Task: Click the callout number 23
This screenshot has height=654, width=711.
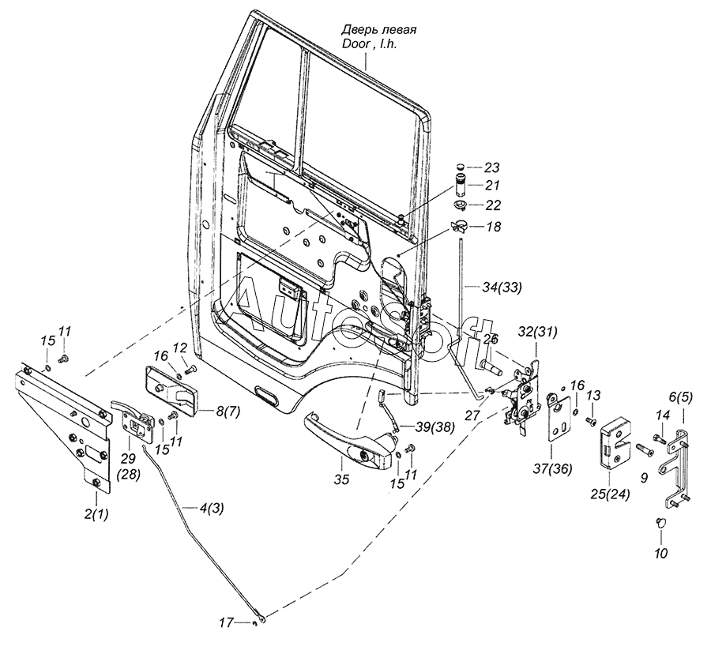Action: click(491, 167)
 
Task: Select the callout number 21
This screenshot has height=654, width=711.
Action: click(491, 186)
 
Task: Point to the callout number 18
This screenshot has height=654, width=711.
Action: click(494, 226)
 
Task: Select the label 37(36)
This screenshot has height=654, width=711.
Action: click(551, 468)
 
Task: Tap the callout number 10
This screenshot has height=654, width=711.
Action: click(661, 553)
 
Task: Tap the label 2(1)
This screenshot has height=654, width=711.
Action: click(97, 515)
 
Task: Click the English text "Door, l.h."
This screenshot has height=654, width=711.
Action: click(369, 46)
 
